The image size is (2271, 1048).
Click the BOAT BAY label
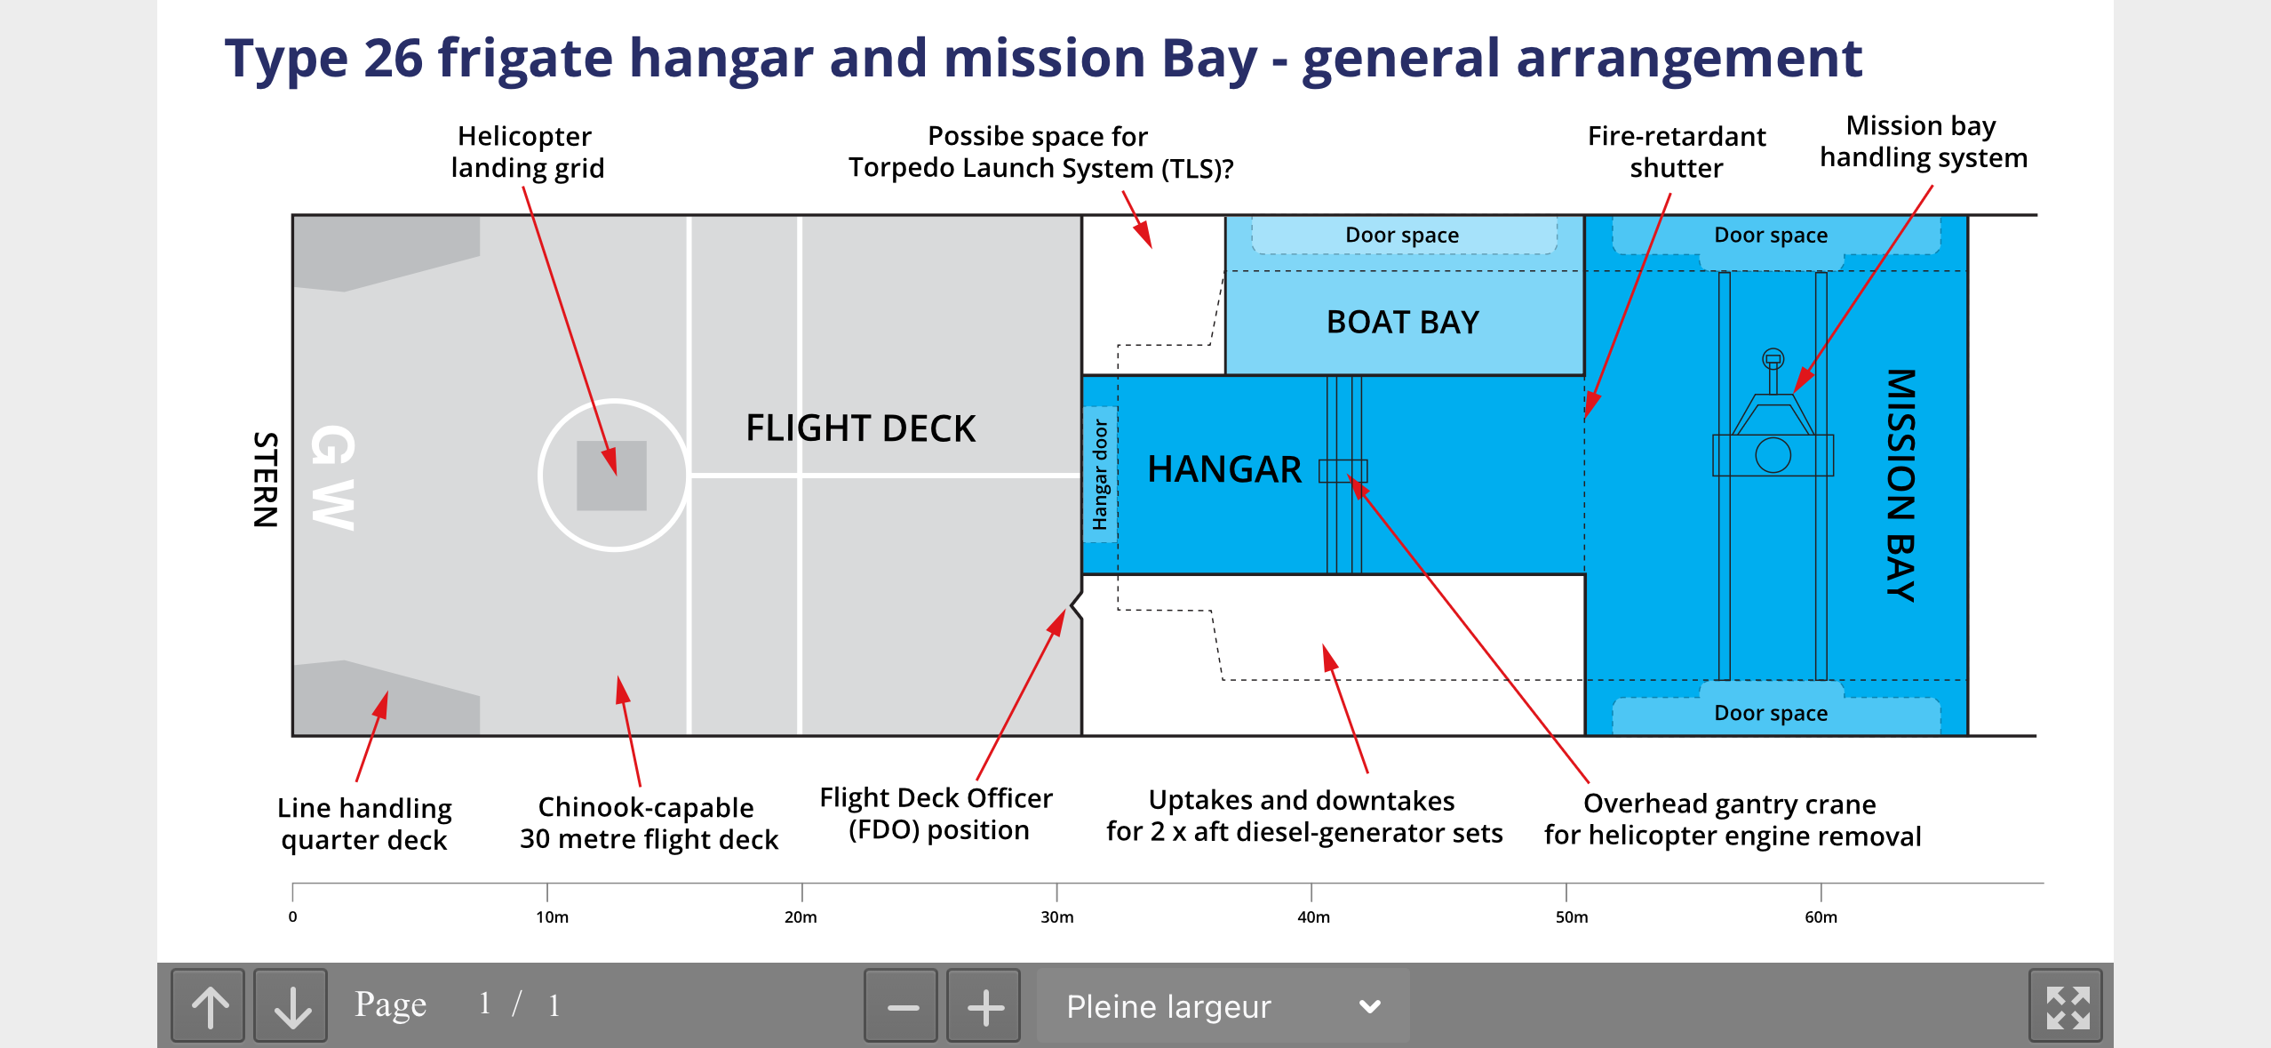(1402, 322)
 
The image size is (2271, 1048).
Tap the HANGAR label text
(1223, 469)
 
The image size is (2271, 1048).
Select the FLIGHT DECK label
(860, 428)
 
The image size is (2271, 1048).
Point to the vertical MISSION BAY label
(1900, 485)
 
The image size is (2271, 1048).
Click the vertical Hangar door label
(1100, 475)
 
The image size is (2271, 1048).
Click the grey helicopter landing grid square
(611, 476)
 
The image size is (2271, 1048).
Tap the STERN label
(266, 480)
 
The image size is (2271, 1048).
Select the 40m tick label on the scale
(1313, 916)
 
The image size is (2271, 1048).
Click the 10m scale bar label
(552, 916)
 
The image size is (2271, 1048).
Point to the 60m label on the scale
(1821, 916)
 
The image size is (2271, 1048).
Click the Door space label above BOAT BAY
(1402, 236)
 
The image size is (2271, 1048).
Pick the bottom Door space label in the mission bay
(1771, 714)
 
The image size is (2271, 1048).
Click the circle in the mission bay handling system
(1773, 455)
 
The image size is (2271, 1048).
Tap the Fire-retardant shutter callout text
(1677, 152)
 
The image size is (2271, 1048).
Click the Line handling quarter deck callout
(364, 824)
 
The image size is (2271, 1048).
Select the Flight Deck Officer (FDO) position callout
(936, 814)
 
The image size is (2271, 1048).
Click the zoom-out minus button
(902, 1006)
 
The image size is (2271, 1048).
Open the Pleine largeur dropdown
(1223, 1006)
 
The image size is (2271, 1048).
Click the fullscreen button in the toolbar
(2067, 1006)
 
